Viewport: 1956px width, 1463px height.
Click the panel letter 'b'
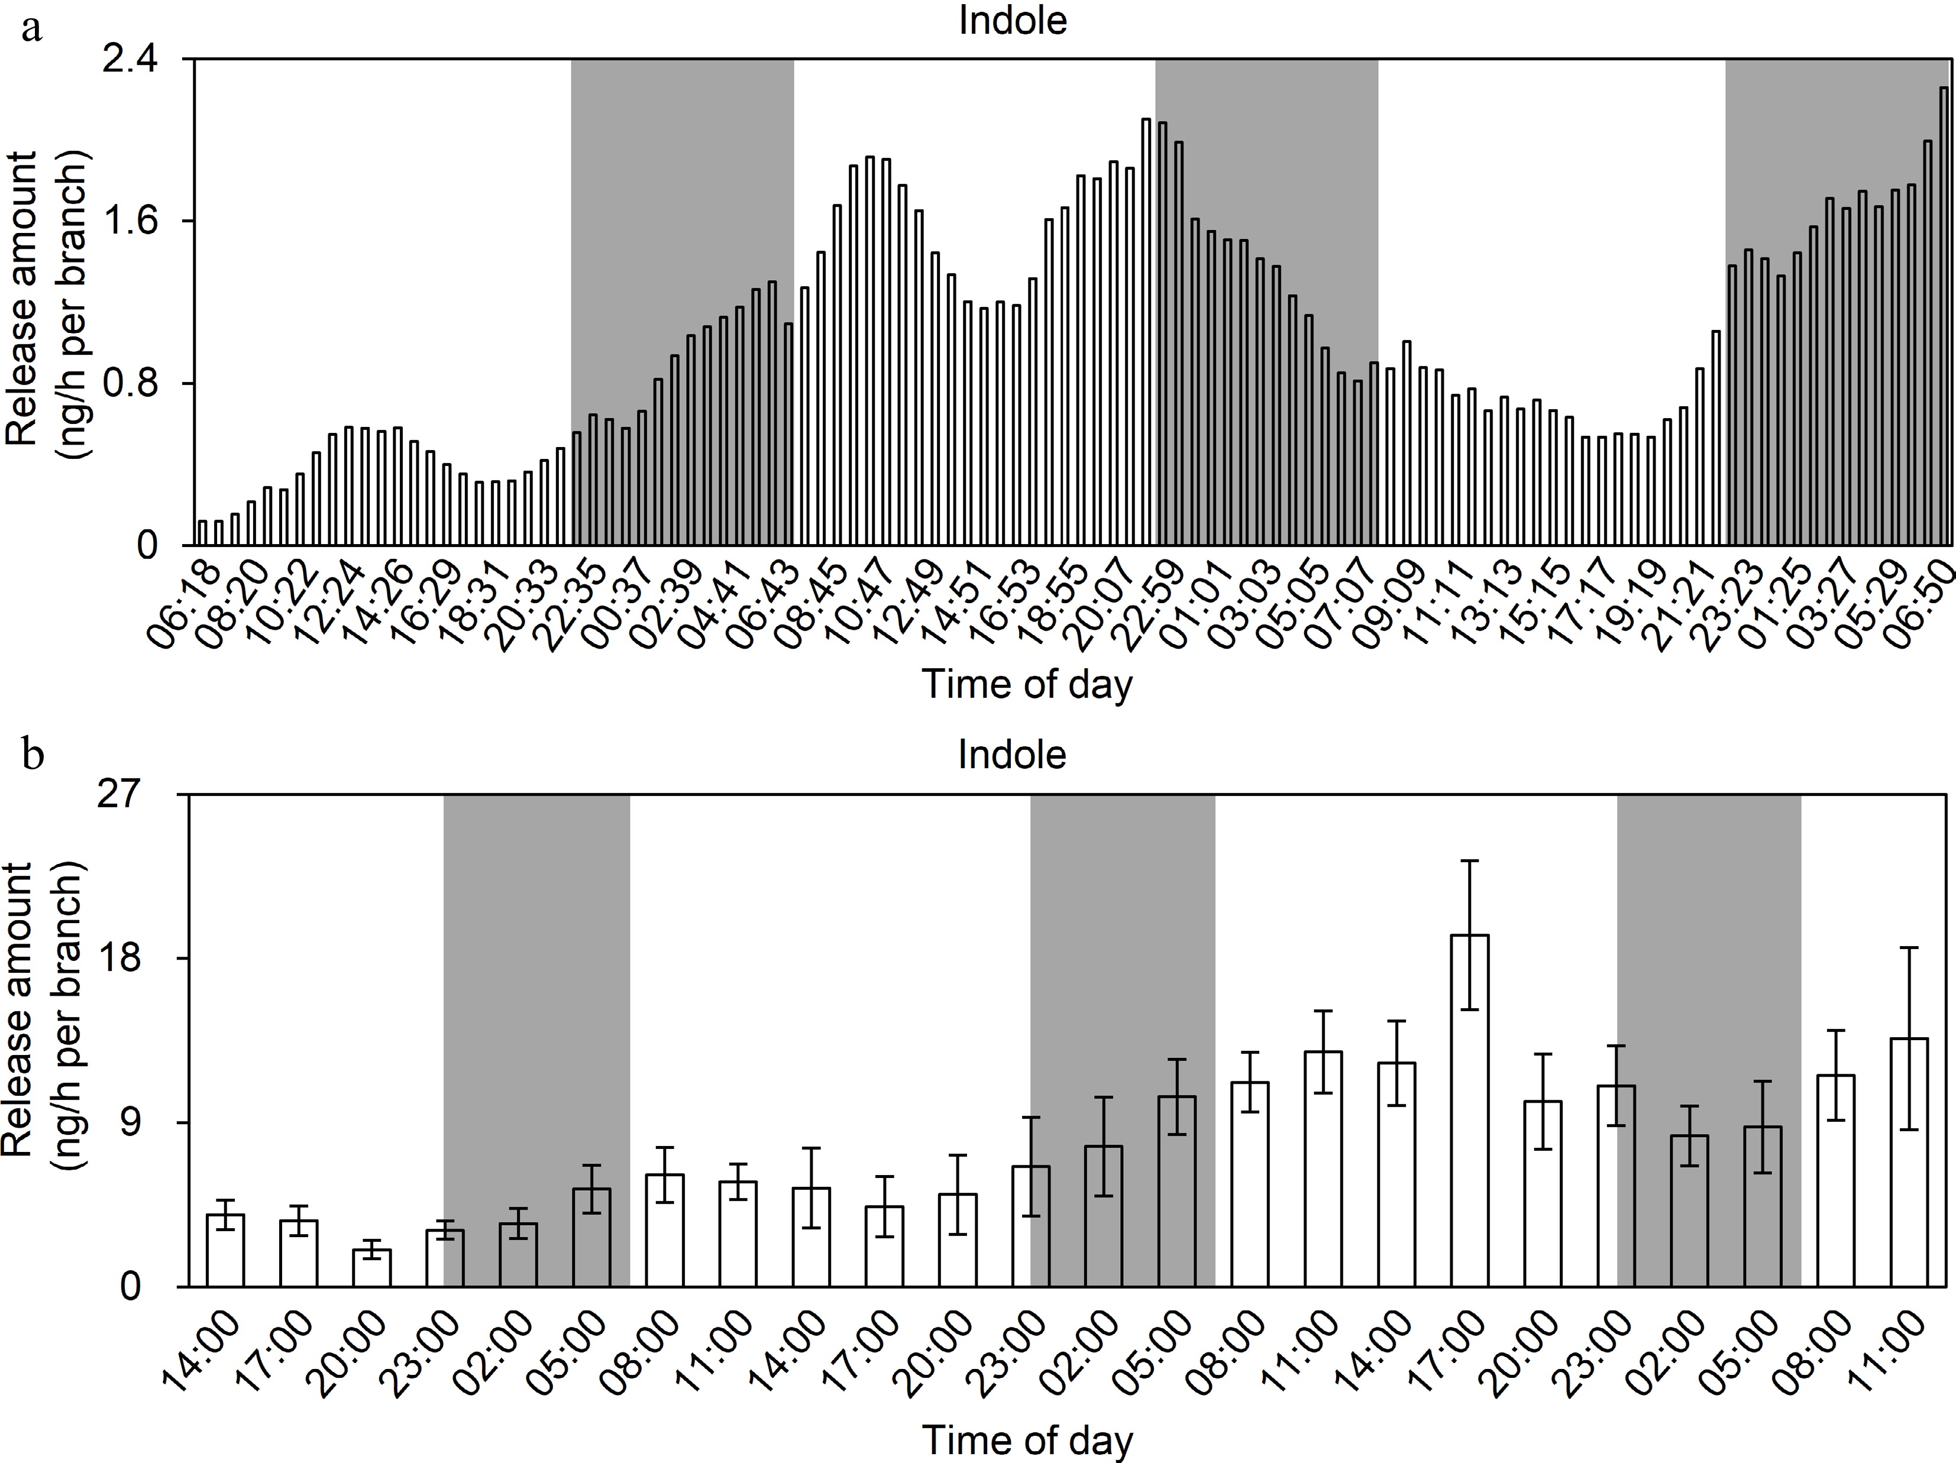click(x=34, y=758)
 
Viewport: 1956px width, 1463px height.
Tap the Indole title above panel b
click(x=1013, y=755)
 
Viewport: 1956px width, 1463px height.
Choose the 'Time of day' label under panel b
click(x=1027, y=1440)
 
